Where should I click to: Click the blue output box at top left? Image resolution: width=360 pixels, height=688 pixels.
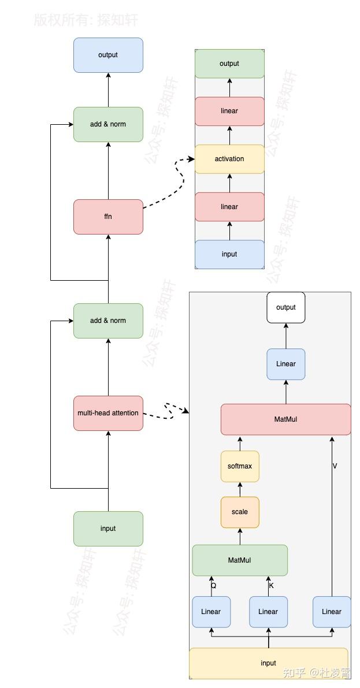[108, 55]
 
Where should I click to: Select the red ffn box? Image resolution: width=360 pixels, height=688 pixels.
[108, 217]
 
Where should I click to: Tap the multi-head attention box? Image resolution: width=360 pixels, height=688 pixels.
[108, 413]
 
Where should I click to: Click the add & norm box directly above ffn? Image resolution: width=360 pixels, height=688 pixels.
[108, 124]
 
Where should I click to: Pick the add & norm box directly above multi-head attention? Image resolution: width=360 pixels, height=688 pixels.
[108, 321]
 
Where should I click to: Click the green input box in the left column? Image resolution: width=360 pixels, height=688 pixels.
[108, 529]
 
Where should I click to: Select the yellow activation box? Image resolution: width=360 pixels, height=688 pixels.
[229, 159]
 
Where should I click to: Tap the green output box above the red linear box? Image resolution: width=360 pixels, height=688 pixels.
[229, 64]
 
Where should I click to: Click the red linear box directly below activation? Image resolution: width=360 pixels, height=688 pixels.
[229, 207]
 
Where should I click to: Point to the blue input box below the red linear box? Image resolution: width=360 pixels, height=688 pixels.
[229, 254]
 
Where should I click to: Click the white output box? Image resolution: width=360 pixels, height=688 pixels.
[285, 307]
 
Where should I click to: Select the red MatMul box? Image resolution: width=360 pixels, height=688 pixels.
[285, 419]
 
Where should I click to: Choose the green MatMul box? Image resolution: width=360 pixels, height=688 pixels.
[239, 560]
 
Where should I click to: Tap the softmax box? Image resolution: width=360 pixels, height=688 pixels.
[239, 466]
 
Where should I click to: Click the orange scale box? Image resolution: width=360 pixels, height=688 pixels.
[239, 512]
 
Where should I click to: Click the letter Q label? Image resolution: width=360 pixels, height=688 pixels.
[213, 585]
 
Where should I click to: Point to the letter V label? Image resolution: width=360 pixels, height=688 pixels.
[335, 465]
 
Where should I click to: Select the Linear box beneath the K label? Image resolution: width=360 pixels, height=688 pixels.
[268, 612]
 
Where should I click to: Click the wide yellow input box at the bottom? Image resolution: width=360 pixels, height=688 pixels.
[268, 663]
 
